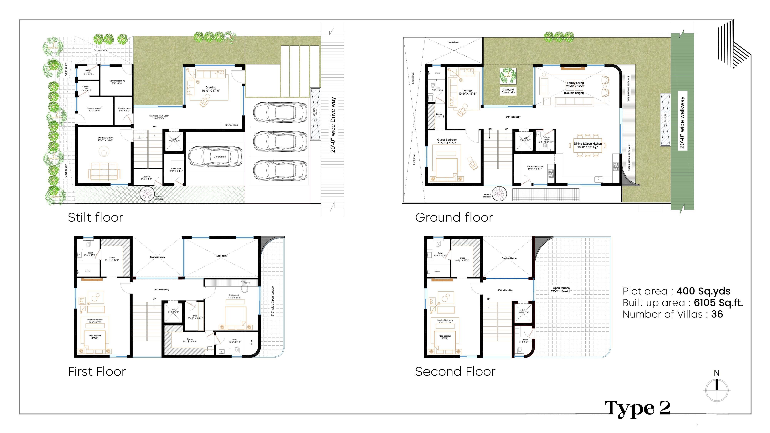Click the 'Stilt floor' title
(95, 217)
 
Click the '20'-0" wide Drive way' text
(333, 125)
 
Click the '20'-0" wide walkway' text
(682, 123)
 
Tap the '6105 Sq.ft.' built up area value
(718, 303)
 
